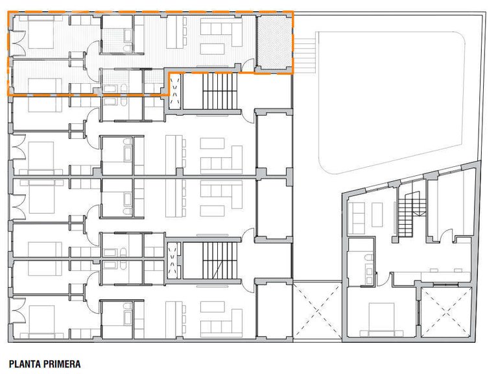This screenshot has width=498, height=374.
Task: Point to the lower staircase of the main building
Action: pos(220,260)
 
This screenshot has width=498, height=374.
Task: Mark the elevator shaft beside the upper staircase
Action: pos(174,92)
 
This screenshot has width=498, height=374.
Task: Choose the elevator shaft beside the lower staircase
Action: pos(173,260)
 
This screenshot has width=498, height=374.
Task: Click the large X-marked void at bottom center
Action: pos(317,311)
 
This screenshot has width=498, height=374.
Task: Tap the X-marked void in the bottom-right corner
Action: pos(446,312)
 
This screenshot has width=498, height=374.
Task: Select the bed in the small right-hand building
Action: pos(381,319)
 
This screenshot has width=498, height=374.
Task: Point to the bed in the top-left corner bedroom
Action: pos(41,32)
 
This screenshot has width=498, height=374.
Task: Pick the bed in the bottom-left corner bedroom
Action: pos(41,321)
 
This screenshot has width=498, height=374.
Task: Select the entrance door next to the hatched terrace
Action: pos(249,65)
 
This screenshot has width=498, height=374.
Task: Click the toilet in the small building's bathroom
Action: pos(369,258)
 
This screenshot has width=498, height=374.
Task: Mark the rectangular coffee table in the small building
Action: pos(377,215)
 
